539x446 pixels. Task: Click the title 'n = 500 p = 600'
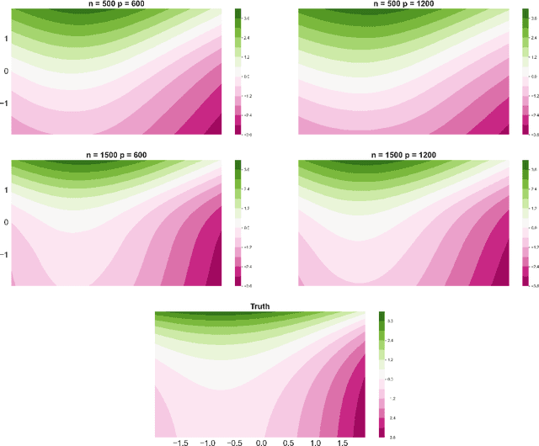pos(122,4)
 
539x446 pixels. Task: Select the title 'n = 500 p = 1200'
pos(407,4)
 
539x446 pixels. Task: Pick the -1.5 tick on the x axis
pos(180,441)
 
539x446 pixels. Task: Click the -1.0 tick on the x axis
pos(207,441)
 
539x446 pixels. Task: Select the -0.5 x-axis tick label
pos(234,441)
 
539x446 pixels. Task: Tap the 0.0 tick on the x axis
pos(262,441)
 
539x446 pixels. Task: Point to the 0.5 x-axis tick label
pos(289,441)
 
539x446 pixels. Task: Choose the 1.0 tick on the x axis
pos(316,441)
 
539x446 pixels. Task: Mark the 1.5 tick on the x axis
pos(343,441)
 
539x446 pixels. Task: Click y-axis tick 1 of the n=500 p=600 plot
pos(6,40)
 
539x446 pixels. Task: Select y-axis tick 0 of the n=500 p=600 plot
pos(6,72)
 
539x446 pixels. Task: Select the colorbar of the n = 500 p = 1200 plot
pos(524,72)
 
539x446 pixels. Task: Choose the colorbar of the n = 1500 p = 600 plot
pos(238,221)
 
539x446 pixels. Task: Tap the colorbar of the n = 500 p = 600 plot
pos(238,72)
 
